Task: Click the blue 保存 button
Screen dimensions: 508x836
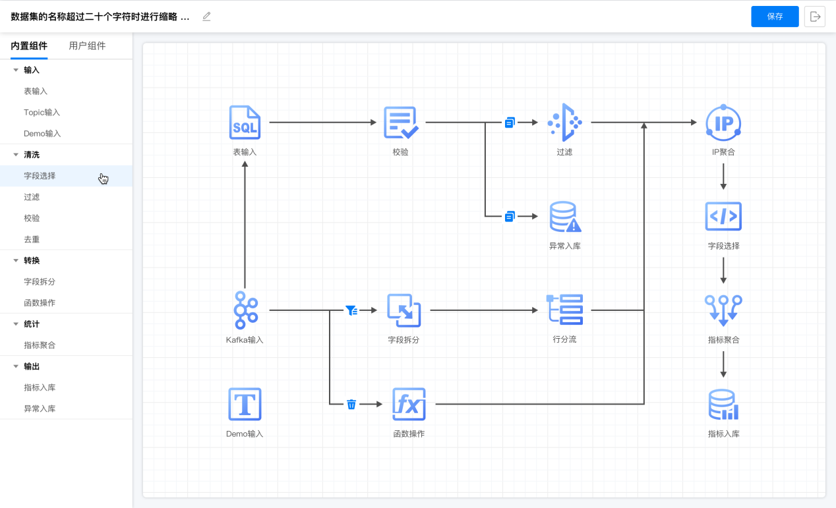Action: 775,16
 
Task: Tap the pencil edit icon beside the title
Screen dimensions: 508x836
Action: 206,16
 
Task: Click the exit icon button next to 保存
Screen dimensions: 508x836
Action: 815,16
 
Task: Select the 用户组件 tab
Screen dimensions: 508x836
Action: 87,46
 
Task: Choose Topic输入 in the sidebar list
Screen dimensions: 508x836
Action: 42,113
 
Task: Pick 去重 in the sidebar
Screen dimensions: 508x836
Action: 32,239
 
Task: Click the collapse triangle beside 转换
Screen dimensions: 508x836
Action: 16,260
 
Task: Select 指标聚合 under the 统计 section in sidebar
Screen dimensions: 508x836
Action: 40,345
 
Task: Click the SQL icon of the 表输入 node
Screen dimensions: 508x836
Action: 245,123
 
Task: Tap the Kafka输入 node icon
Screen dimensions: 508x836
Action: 245,310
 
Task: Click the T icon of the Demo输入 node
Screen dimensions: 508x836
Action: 245,404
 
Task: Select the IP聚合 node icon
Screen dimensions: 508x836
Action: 723,123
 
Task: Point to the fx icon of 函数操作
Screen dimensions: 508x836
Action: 409,404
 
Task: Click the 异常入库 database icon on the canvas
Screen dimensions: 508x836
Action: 565,217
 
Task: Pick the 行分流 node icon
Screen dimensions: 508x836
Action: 565,310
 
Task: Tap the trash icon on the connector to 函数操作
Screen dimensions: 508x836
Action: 351,404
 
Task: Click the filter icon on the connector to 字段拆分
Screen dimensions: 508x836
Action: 351,310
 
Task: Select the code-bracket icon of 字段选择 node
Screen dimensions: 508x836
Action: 723,216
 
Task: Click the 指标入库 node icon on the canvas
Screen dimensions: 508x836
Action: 723,405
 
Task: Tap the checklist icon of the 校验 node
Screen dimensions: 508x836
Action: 401,123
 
